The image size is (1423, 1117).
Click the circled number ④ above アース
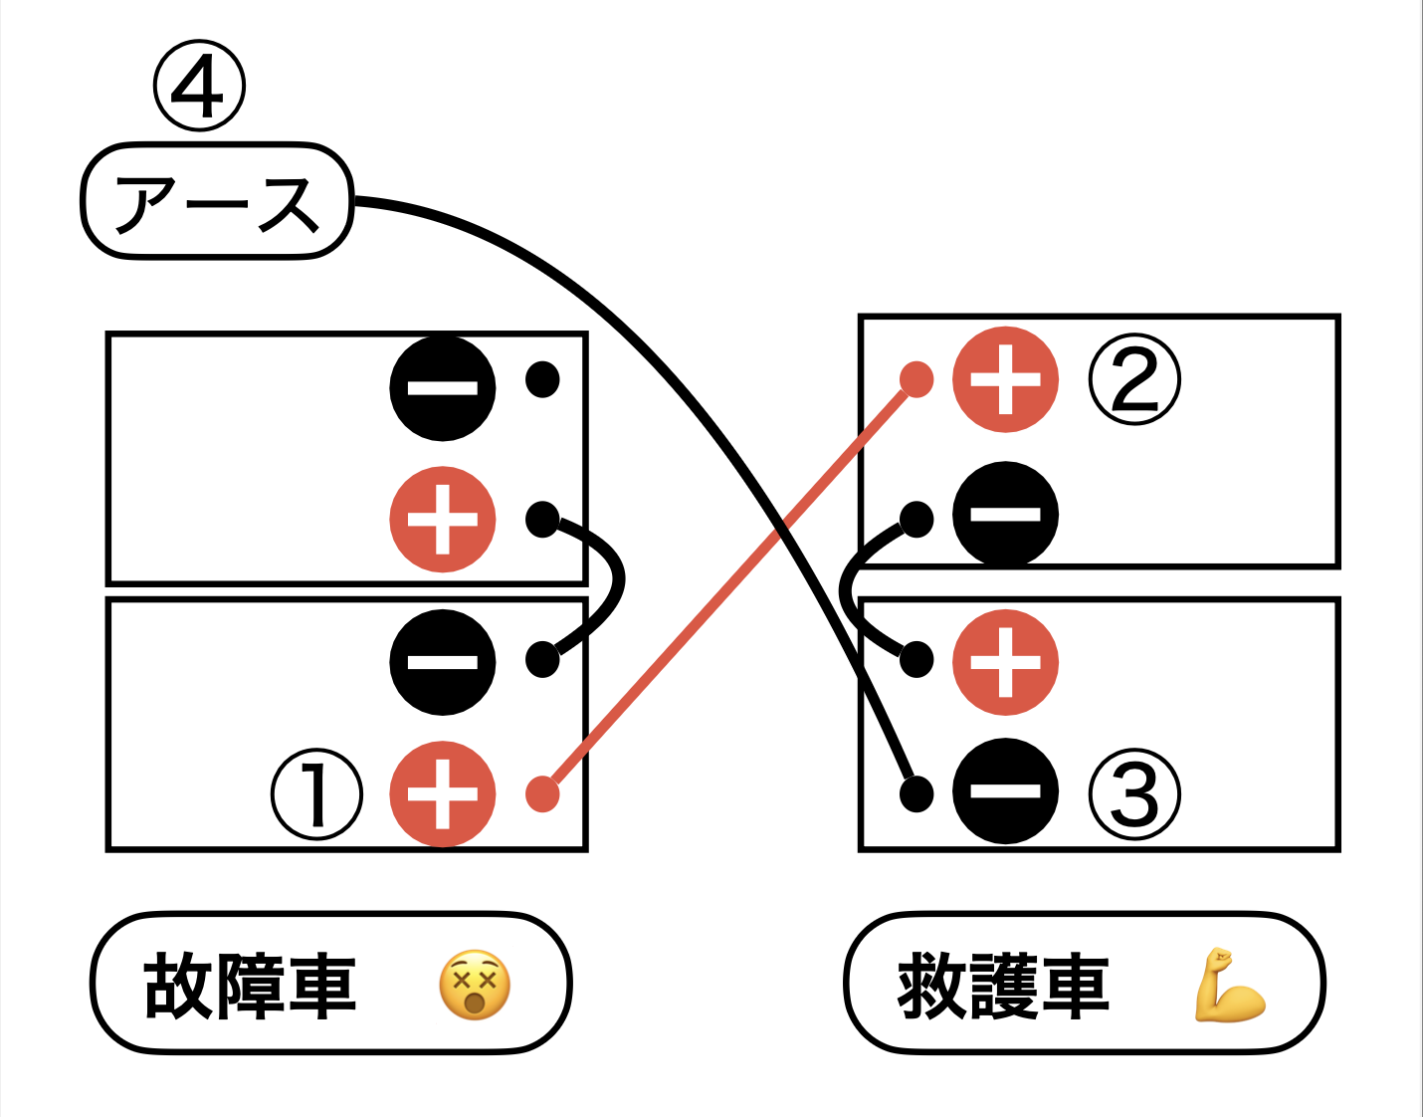click(199, 87)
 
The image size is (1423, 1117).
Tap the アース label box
click(217, 202)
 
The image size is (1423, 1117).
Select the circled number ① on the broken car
click(316, 794)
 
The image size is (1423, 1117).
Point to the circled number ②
click(1134, 379)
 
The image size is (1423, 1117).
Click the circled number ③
click(1134, 794)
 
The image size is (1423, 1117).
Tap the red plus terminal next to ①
click(442, 794)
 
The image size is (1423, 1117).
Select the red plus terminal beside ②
click(1005, 379)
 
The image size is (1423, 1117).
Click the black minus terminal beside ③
click(1005, 791)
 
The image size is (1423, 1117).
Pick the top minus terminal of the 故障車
click(442, 388)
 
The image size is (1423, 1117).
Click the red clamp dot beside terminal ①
click(542, 793)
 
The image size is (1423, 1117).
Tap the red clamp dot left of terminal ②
click(916, 379)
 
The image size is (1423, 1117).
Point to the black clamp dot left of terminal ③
click(916, 793)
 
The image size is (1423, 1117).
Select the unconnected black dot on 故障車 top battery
click(542, 379)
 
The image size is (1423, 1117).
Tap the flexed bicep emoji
click(1228, 986)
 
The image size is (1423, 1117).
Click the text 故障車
click(250, 986)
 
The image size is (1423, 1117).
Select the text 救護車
click(1003, 986)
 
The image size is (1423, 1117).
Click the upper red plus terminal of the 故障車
click(442, 520)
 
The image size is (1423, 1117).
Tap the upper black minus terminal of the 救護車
click(1005, 515)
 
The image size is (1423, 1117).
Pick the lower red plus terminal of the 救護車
click(1005, 662)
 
